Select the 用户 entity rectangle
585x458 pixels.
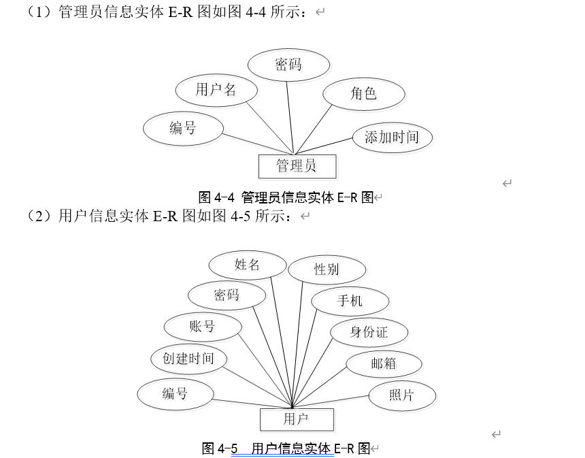tap(297, 419)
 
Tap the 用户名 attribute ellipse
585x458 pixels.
tap(216, 90)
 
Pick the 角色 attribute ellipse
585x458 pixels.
tap(364, 93)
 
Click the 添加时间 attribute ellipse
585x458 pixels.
tap(392, 137)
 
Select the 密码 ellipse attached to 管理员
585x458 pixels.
tap(288, 65)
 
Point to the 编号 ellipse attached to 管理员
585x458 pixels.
tap(183, 128)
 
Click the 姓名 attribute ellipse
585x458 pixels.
tap(248, 265)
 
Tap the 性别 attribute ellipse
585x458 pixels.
tap(327, 269)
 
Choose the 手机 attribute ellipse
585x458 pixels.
tap(350, 301)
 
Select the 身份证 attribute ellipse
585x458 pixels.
tap(369, 332)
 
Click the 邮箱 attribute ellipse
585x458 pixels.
tap(384, 363)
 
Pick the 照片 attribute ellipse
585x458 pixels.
tap(402, 395)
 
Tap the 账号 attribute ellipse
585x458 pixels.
tap(203, 327)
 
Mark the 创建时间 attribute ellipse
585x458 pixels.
tap(188, 359)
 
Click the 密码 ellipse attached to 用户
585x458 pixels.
tap(227, 295)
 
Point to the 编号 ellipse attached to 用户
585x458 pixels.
tap(175, 394)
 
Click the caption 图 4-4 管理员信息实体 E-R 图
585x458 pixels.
tap(286, 198)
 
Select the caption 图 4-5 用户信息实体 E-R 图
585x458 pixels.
tap(286, 448)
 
